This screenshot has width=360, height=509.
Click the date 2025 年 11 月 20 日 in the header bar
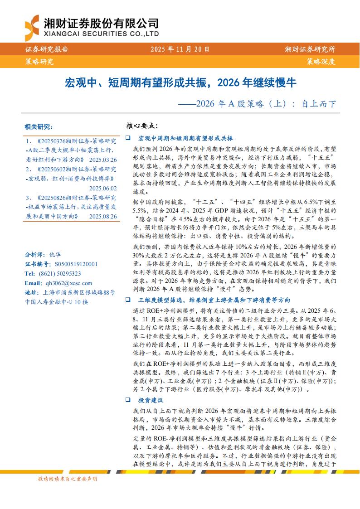(180, 49)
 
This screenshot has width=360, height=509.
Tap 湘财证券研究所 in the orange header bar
(310, 49)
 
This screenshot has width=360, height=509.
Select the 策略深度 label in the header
(321, 61)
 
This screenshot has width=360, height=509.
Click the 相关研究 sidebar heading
(39, 126)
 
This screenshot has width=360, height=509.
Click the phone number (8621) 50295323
(59, 273)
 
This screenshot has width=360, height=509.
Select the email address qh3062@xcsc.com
(66, 283)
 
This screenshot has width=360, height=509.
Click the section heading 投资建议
(151, 400)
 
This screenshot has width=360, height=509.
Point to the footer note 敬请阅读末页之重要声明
(68, 479)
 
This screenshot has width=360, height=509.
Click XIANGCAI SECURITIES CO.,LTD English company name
(101, 34)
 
